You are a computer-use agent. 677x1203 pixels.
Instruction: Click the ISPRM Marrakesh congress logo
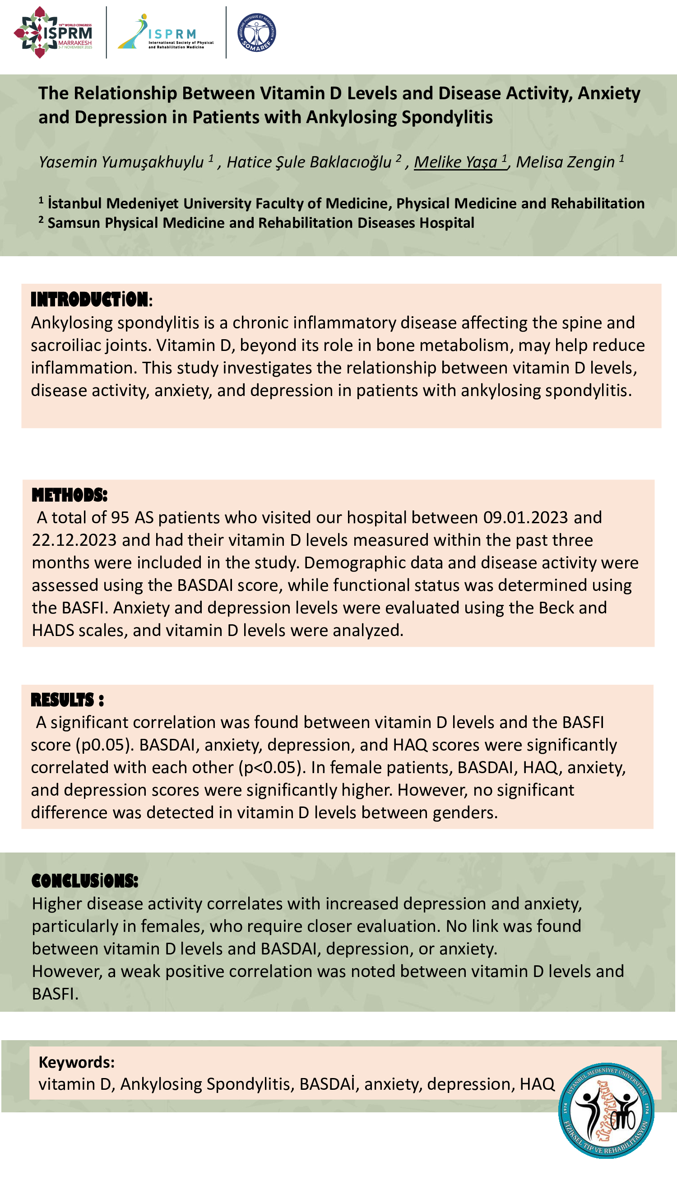coord(53,32)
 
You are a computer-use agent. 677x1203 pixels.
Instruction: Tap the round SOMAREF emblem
coord(256,32)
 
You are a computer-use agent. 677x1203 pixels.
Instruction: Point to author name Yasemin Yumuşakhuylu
coord(121,162)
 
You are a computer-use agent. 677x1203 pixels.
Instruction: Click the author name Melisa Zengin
coord(565,162)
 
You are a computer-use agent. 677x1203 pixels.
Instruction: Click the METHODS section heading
coord(69,495)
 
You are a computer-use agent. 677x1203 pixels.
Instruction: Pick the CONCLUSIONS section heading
coord(84,881)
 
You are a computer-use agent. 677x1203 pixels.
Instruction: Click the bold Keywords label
coord(76,1062)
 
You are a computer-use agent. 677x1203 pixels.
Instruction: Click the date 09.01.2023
coord(526,517)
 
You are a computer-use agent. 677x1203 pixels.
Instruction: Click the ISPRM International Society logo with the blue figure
coord(166,32)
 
